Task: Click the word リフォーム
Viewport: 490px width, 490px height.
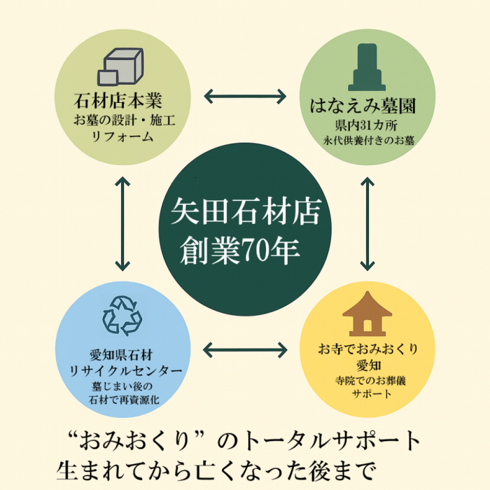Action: [122, 136]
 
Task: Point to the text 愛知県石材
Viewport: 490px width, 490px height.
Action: [122, 355]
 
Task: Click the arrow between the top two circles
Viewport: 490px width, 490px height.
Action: [245, 95]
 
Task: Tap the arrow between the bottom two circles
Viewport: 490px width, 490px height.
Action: [245, 349]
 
